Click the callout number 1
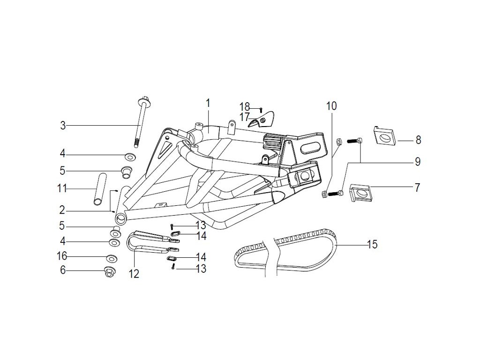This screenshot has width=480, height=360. click(x=208, y=103)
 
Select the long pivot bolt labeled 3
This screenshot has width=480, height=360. click(x=141, y=122)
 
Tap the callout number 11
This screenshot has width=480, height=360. click(x=62, y=188)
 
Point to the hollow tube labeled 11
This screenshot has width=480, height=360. click(x=100, y=188)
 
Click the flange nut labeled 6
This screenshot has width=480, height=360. click(x=109, y=272)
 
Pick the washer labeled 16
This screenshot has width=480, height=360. click(x=112, y=259)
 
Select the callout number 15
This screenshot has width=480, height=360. click(x=372, y=244)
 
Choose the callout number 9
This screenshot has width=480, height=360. click(x=418, y=162)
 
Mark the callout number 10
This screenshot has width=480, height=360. click(x=331, y=106)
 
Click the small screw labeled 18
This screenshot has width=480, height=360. click(x=261, y=109)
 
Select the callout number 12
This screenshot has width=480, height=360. click(x=134, y=274)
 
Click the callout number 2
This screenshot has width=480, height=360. click(x=62, y=210)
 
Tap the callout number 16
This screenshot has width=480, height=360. click(x=62, y=256)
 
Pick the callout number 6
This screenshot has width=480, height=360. click(x=63, y=270)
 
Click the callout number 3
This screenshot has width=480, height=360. click(x=63, y=126)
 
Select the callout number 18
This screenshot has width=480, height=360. click(x=245, y=107)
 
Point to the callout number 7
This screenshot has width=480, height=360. click(x=417, y=187)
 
